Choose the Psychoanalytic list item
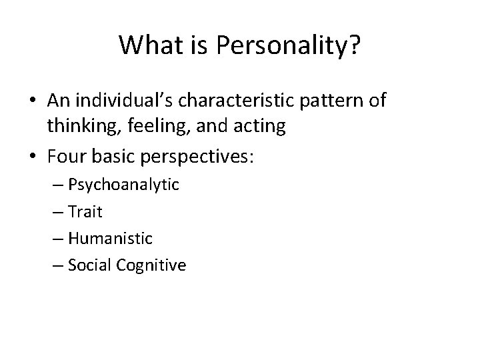pyautogui.click(x=123, y=185)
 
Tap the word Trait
pyautogui.click(x=85, y=211)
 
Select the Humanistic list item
pyautogui.click(x=110, y=238)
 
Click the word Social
pyautogui.click(x=89, y=265)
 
